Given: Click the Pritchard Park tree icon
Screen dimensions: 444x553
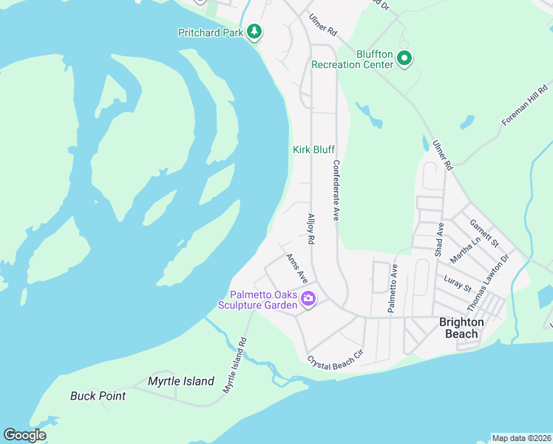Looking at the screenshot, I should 254,31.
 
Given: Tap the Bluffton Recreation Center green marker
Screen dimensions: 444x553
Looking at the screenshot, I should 404,58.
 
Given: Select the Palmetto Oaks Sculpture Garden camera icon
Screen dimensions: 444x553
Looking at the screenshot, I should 308,300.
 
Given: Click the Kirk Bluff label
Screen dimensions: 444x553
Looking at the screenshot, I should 313,149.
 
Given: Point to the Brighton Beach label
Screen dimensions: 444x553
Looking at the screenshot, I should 461,328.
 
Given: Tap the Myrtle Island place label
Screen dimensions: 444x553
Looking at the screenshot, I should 181,382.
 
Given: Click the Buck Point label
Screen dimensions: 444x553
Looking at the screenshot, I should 98,396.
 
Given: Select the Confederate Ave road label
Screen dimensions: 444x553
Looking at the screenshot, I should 336,191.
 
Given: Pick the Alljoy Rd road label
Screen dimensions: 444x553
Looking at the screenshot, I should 311,229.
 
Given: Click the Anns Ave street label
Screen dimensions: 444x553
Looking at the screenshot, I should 296,267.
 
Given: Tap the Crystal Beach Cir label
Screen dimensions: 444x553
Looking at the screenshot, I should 336,358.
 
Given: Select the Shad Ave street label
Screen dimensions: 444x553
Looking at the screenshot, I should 439,240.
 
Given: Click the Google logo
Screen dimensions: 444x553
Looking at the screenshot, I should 25,434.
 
